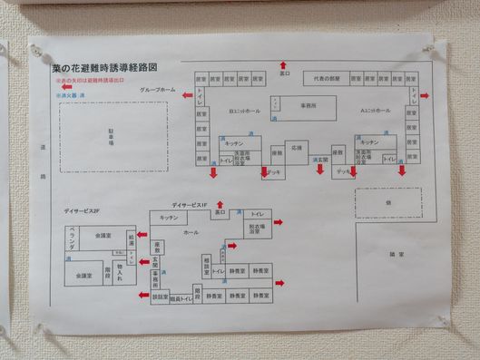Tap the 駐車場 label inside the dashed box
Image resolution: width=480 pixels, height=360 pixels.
coord(113,142)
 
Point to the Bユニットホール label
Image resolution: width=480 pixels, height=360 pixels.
coord(244,111)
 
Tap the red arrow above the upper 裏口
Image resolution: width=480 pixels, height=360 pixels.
coord(284,65)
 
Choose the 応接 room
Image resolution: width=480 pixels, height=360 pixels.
coord(296,146)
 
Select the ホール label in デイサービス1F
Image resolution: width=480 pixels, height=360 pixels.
coord(191,233)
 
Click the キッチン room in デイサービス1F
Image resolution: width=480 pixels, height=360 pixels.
coord(168,218)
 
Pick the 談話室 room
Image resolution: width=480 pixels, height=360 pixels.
coord(160,297)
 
